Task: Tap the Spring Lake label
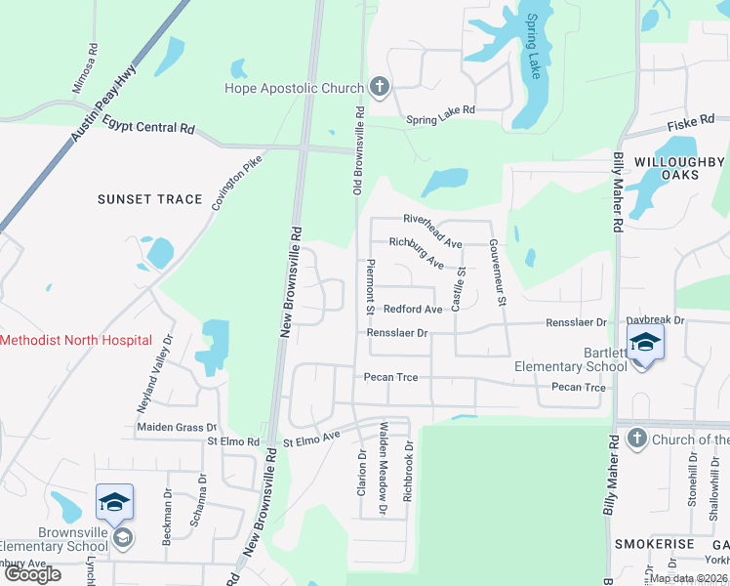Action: coord(535,46)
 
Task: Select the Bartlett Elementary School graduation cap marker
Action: coord(645,344)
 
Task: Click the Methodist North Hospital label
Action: coord(76,340)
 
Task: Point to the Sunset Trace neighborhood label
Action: coord(149,199)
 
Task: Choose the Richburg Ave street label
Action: coord(417,253)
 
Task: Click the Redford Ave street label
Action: coord(413,309)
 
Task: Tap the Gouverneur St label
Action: coord(497,272)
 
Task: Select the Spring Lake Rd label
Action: coord(440,111)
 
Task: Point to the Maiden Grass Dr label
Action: coord(177,427)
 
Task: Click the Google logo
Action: coord(33,574)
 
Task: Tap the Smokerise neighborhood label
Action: coord(654,543)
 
